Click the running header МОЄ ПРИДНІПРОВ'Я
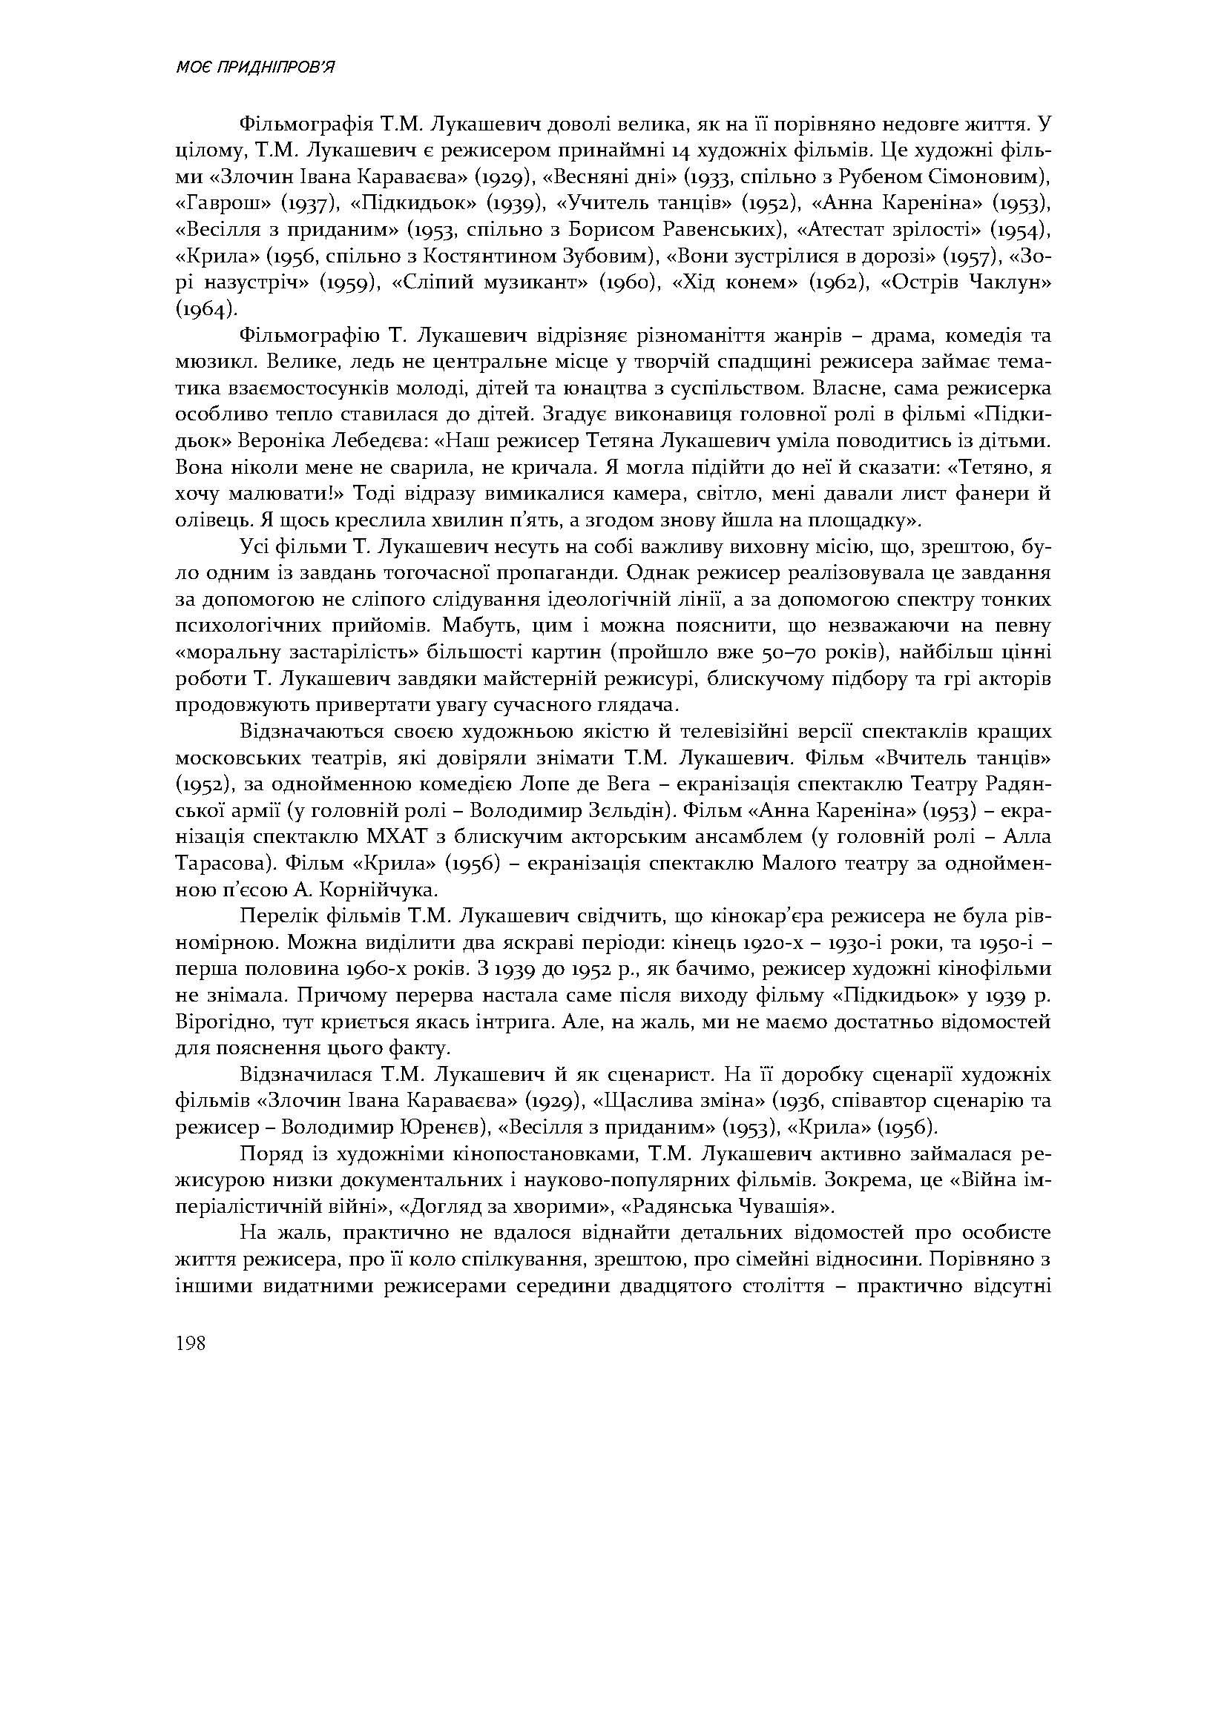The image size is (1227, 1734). pyautogui.click(x=254, y=69)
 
